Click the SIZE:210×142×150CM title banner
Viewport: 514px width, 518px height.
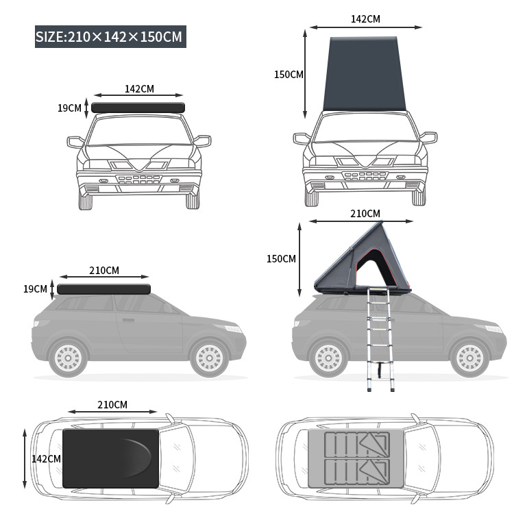(110, 36)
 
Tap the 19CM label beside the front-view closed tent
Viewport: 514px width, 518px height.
(69, 108)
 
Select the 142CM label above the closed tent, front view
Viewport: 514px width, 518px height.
(139, 88)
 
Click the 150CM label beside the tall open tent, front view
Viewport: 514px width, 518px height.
(289, 75)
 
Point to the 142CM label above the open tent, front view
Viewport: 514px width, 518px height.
(365, 19)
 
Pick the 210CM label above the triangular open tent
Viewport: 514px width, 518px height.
(365, 214)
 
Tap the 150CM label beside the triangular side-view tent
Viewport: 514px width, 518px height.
(281, 258)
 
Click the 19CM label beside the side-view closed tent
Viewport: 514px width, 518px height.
(35, 288)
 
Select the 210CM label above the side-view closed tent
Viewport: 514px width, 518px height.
(103, 271)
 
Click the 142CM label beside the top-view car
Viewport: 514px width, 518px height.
(46, 458)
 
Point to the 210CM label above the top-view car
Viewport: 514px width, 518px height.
(112, 405)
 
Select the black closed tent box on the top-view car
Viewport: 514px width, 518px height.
(110, 458)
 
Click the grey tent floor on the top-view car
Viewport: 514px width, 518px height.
(356, 458)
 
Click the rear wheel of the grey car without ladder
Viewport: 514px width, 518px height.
(68, 358)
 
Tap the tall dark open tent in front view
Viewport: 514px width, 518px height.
(364, 74)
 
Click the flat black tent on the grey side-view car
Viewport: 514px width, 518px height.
(103, 288)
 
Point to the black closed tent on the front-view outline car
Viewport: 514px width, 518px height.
(139, 108)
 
